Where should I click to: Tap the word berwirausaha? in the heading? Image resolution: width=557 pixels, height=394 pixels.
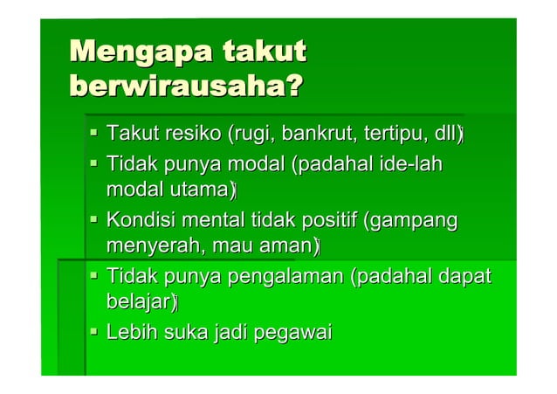186,87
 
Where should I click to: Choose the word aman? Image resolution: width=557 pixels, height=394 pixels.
285,246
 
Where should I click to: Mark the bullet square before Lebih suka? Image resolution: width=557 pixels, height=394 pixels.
93,333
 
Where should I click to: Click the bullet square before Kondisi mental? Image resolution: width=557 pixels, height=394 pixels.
93,221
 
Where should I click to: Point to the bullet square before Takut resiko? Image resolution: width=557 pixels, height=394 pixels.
93,135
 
